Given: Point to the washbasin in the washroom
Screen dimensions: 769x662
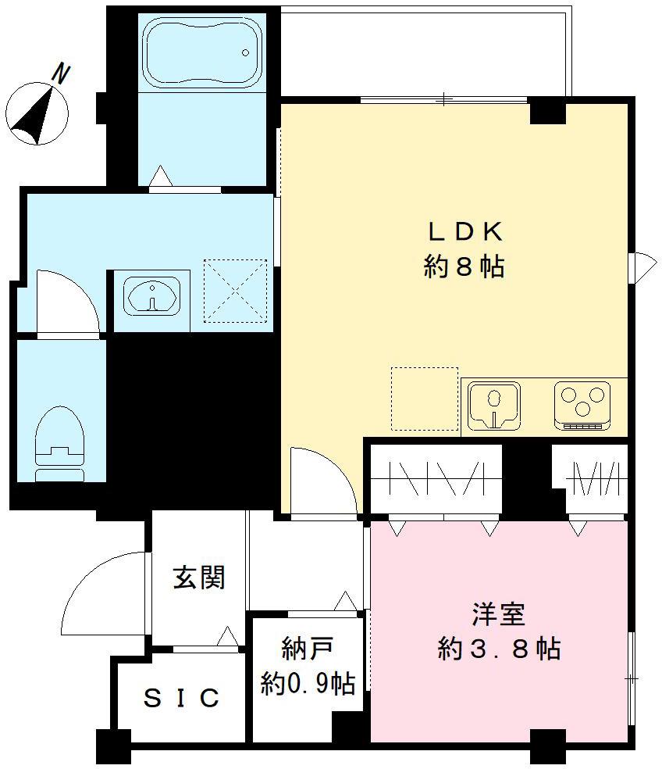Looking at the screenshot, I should pyautogui.click(x=151, y=297).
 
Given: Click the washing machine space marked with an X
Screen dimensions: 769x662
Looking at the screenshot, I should pyautogui.click(x=235, y=291).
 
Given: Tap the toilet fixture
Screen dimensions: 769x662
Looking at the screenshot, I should pyautogui.click(x=59, y=437).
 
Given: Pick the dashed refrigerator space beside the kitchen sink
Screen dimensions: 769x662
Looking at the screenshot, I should pyautogui.click(x=425, y=399).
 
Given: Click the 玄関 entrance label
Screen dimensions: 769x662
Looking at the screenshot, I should pyautogui.click(x=199, y=578).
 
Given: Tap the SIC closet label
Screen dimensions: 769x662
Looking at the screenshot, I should pyautogui.click(x=181, y=697).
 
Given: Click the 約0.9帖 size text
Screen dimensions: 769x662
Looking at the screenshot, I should pyautogui.click(x=308, y=685).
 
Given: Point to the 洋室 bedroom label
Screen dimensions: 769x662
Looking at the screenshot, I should pyautogui.click(x=498, y=614).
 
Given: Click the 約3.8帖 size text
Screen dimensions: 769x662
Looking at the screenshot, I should pyautogui.click(x=498, y=649).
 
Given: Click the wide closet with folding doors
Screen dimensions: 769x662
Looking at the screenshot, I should pyautogui.click(x=435, y=478).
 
